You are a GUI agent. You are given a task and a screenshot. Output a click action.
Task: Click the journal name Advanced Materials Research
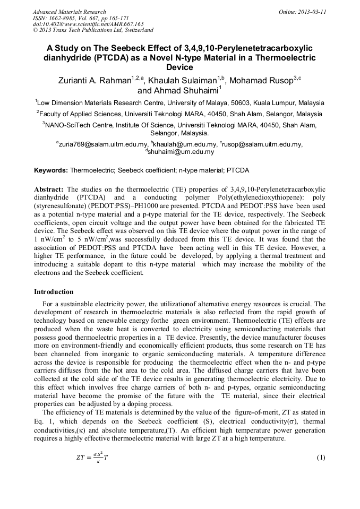click(x=69, y=12)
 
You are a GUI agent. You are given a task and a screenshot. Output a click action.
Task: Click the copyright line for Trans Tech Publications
click(x=93, y=31)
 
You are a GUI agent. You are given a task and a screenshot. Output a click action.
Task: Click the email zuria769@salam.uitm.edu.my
click(x=103, y=144)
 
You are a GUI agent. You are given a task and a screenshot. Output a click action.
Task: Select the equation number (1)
click(x=320, y=458)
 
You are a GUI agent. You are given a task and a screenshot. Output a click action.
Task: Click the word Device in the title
click(x=179, y=68)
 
